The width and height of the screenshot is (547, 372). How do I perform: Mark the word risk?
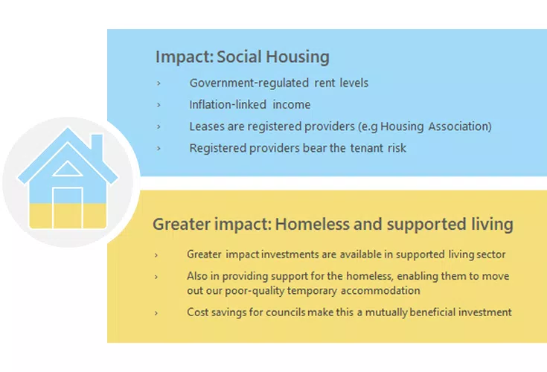click(396, 148)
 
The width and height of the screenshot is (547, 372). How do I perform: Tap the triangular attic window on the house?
click(67, 169)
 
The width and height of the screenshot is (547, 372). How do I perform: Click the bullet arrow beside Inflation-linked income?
click(158, 105)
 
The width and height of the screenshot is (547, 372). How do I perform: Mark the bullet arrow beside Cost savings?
click(156, 313)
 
